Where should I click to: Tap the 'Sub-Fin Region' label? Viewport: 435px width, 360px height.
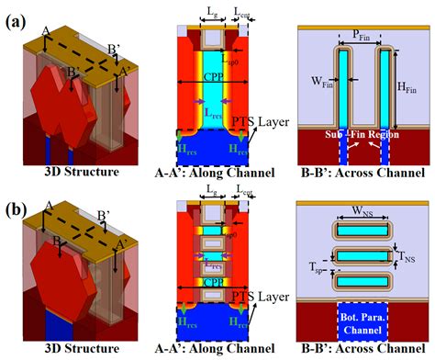click(x=358, y=135)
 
